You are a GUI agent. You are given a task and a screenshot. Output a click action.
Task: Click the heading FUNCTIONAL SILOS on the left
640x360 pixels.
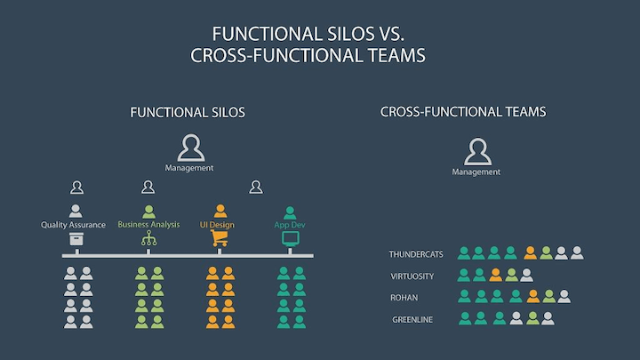click(x=188, y=113)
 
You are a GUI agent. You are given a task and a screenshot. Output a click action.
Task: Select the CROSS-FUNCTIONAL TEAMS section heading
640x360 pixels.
click(x=462, y=113)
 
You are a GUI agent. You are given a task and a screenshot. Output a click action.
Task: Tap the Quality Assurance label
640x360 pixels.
click(x=75, y=225)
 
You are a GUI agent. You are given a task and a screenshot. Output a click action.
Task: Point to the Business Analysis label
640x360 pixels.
click(x=148, y=225)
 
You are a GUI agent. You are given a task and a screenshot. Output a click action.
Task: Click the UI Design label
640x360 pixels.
click(x=217, y=225)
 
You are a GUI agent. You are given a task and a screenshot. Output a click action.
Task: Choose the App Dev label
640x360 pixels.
click(x=290, y=225)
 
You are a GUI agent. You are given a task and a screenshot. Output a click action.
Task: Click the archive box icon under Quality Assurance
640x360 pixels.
click(x=75, y=241)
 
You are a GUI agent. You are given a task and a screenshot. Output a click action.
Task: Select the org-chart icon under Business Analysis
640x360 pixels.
click(x=148, y=241)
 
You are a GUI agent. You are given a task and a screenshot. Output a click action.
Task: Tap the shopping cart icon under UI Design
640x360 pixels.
click(x=217, y=241)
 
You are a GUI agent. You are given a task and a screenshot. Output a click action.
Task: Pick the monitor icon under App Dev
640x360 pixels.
click(x=290, y=241)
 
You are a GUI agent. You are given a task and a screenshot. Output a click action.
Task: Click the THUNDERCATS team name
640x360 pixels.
click(x=417, y=254)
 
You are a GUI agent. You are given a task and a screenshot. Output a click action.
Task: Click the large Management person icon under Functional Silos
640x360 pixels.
click(x=190, y=148)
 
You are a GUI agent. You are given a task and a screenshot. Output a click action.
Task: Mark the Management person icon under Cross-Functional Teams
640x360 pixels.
click(x=477, y=152)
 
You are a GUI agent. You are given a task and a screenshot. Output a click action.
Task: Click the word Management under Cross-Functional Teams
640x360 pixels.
click(x=476, y=172)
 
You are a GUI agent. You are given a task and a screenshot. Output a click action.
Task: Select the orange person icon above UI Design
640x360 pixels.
click(x=217, y=212)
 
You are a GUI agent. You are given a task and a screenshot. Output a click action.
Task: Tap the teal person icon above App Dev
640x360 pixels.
click(x=290, y=212)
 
